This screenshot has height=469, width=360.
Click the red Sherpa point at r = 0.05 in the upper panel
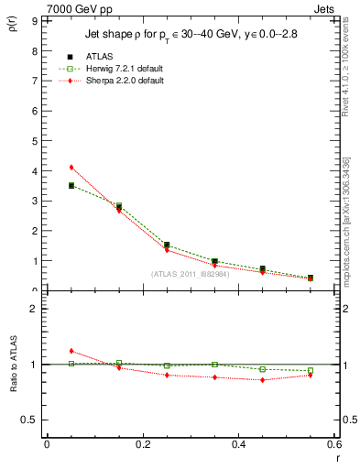point(71,167)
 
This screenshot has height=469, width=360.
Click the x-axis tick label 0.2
point(142,445)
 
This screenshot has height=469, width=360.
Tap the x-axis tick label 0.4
point(238,445)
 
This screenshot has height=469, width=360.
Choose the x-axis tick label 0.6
point(333,445)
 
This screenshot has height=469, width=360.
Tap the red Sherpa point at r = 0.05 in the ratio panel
point(71,351)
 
